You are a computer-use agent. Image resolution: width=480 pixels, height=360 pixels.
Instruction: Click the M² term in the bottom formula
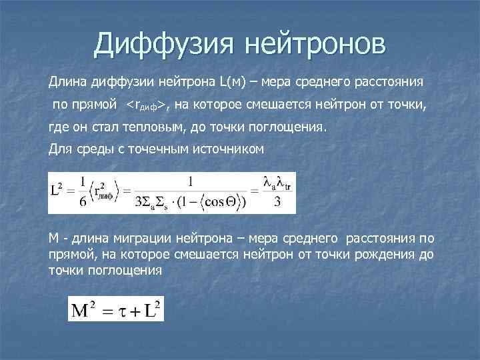(x=84, y=309)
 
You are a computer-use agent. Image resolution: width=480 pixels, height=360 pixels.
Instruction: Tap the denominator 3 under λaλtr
(x=277, y=203)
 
